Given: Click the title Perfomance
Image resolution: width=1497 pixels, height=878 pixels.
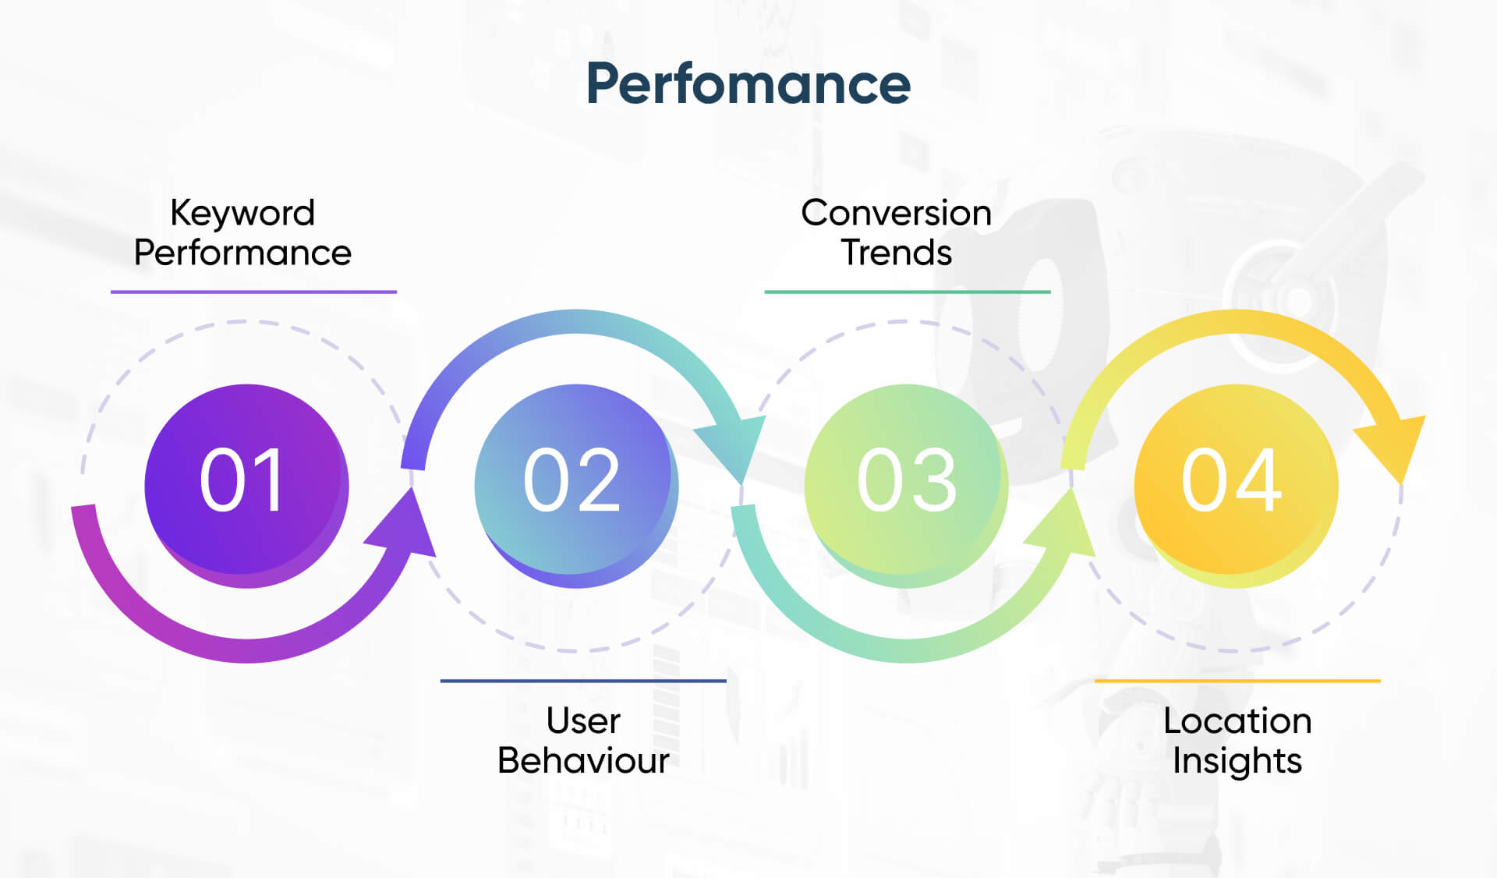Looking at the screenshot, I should (x=748, y=83).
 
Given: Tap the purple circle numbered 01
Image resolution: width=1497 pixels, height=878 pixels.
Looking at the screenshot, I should (x=246, y=485).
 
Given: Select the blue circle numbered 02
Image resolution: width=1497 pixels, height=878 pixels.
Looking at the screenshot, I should (x=575, y=485).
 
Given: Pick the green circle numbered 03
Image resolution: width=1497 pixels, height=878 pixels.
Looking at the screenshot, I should (x=905, y=485).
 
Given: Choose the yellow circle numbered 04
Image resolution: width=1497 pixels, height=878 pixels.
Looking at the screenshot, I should (x=1235, y=485).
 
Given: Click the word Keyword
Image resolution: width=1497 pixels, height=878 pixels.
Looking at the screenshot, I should (x=242, y=213).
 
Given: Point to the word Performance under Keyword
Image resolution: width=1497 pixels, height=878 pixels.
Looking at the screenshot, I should (x=242, y=253).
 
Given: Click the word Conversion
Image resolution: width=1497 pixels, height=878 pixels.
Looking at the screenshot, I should (x=896, y=213).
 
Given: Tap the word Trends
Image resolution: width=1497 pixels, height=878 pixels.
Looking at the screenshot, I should (x=896, y=253).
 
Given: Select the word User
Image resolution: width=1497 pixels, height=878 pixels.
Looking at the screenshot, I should (x=583, y=720).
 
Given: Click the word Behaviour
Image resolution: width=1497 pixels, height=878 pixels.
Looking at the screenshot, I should (x=583, y=761).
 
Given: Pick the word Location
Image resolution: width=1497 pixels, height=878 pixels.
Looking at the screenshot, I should (x=1237, y=720).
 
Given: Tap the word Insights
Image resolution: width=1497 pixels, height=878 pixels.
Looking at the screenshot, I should (x=1237, y=761).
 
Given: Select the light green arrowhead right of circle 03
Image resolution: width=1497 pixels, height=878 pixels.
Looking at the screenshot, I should (x=1065, y=526).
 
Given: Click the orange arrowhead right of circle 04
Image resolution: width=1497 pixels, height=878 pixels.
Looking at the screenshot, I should (x=1396, y=444).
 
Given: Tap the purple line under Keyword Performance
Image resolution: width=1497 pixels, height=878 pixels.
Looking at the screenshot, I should (x=253, y=292).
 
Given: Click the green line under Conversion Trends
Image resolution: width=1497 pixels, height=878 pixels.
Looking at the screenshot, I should (x=908, y=292).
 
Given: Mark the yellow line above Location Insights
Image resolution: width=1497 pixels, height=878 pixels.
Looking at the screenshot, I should (x=1237, y=681).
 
